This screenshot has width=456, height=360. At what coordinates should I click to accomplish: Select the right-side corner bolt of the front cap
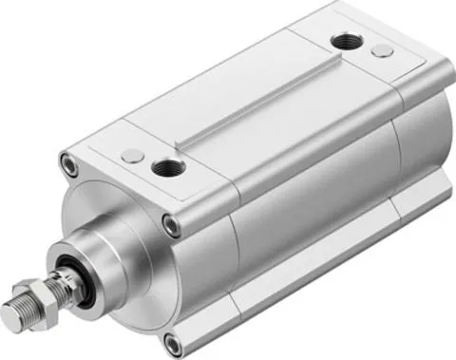click(170, 226)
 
